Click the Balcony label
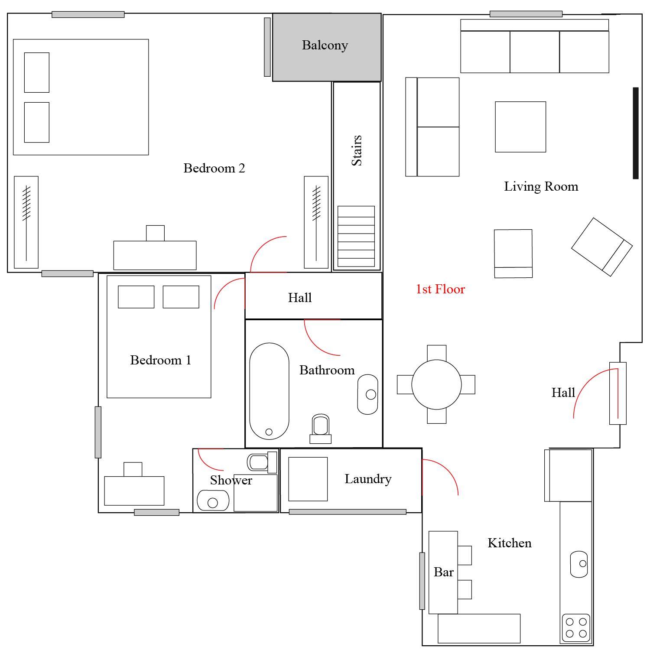(325, 45)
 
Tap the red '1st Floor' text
(440, 289)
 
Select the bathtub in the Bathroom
(269, 391)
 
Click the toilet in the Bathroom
(321, 429)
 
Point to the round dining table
(436, 384)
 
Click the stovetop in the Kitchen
(576, 628)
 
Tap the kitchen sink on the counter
(579, 564)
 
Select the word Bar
(444, 572)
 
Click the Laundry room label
(368, 479)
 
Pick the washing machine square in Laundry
(308, 479)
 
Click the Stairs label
(357, 150)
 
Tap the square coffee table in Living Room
(520, 127)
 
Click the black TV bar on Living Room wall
(636, 133)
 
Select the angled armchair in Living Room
(602, 247)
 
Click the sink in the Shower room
(213, 500)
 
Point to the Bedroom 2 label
(214, 168)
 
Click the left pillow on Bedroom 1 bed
(136, 297)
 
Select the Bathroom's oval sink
(367, 394)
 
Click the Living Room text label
(541, 187)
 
